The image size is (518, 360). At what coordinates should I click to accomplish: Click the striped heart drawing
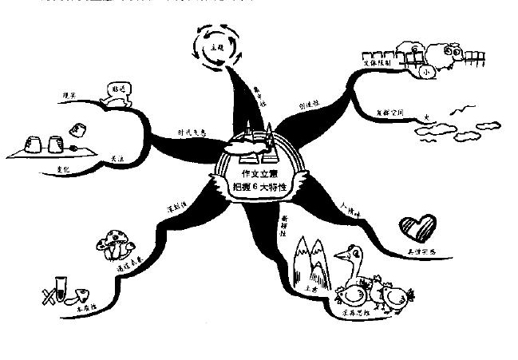(x=418, y=226)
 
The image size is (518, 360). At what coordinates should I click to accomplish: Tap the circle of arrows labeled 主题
(x=214, y=47)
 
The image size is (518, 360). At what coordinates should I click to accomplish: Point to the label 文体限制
(x=382, y=60)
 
